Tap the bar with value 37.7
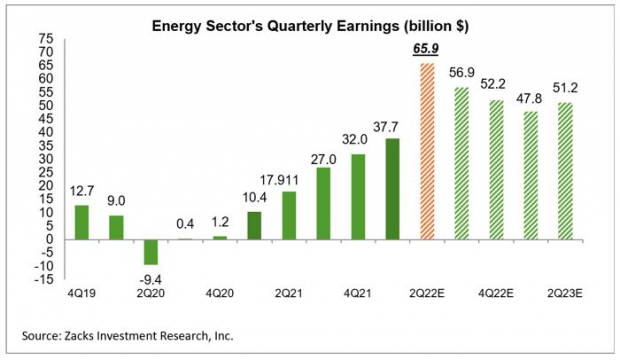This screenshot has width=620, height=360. [x=393, y=189]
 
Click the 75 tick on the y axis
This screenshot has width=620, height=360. [x=46, y=38]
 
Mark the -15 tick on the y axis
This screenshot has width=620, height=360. [x=45, y=279]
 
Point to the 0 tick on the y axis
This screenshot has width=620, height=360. [x=50, y=239]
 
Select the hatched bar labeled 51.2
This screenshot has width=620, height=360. [x=565, y=171]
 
